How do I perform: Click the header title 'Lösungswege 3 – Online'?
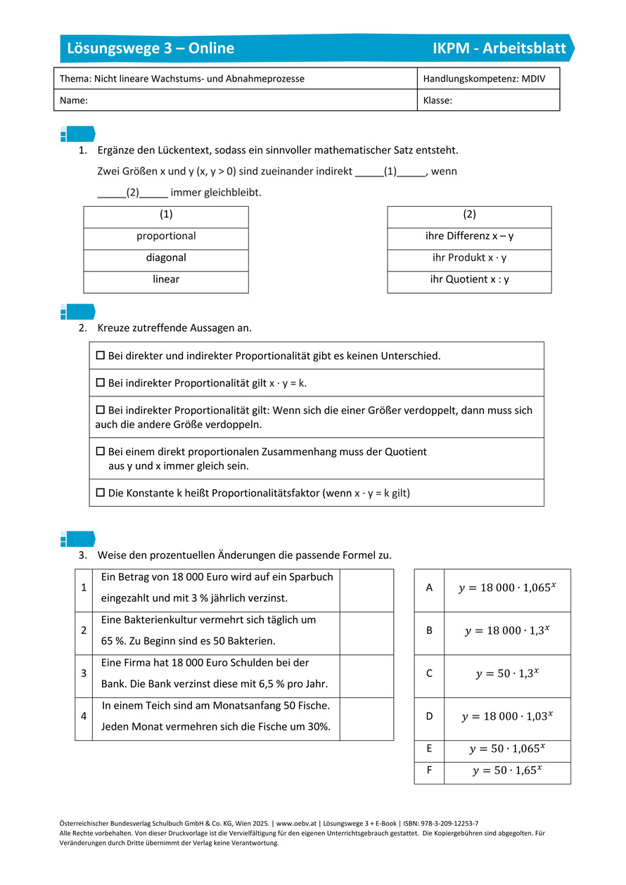click(x=151, y=48)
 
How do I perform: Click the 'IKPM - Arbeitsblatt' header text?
click(x=499, y=48)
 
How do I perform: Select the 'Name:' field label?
click(x=74, y=101)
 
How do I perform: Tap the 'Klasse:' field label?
click(x=437, y=101)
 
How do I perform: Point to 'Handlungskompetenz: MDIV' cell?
click(x=480, y=79)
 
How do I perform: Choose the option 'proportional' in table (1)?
click(x=166, y=236)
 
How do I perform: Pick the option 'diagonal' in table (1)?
click(x=166, y=258)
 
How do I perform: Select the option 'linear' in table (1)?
click(x=166, y=280)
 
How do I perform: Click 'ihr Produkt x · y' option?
click(x=469, y=258)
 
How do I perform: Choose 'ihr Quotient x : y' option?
click(x=469, y=280)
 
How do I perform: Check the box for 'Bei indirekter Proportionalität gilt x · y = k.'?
click(x=100, y=383)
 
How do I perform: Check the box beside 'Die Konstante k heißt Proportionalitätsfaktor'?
click(x=100, y=493)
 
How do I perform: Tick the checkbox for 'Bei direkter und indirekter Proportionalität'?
click(x=100, y=356)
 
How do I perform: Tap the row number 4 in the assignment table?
click(x=84, y=716)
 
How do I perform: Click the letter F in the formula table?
click(x=429, y=770)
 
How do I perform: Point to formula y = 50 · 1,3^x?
click(x=506, y=673)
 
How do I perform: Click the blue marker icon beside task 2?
click(x=77, y=312)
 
